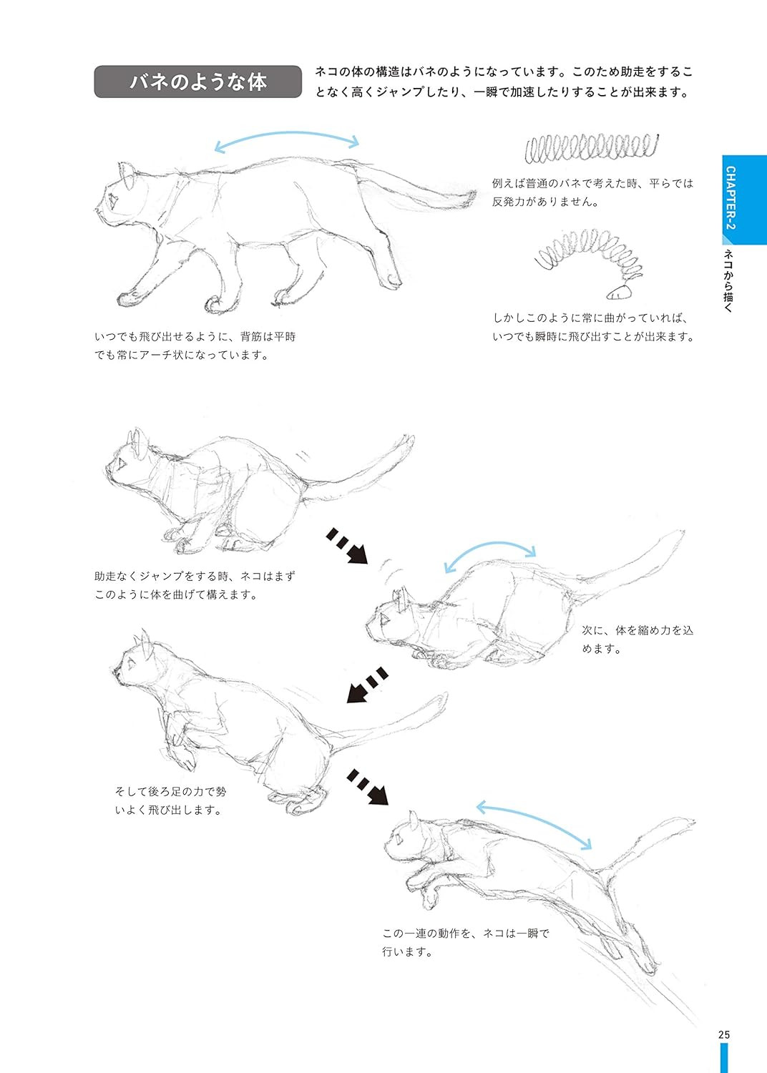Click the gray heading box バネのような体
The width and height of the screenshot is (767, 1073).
(x=198, y=82)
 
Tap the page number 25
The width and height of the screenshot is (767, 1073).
(x=724, y=1034)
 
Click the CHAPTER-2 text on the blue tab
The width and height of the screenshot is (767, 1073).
(x=731, y=198)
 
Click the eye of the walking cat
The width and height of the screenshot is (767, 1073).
(x=113, y=200)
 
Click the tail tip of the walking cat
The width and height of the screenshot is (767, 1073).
(x=472, y=196)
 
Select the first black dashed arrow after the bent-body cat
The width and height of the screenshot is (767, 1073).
(x=347, y=546)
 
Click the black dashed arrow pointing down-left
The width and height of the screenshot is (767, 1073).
(x=367, y=685)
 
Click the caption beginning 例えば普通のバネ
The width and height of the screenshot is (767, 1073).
(x=592, y=192)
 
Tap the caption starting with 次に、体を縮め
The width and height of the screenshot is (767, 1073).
(x=637, y=640)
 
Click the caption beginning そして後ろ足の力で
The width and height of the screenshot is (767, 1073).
(x=170, y=800)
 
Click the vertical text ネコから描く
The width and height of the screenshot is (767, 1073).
(x=728, y=280)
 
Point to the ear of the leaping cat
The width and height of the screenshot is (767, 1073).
(x=413, y=820)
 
